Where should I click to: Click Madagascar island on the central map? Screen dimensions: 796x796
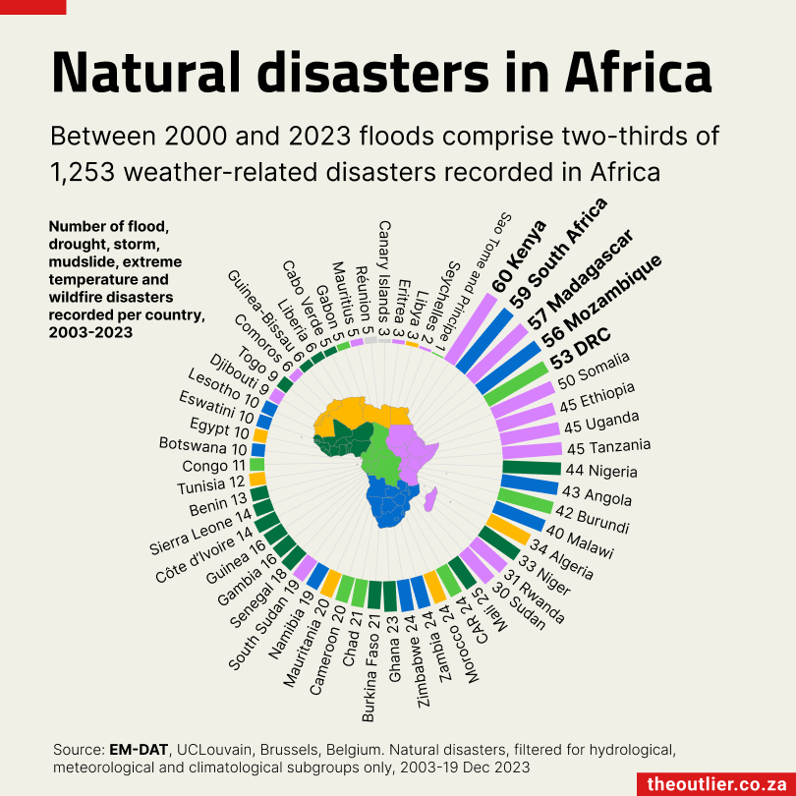tap(429, 502)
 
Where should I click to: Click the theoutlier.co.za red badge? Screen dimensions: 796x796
tap(715, 783)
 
